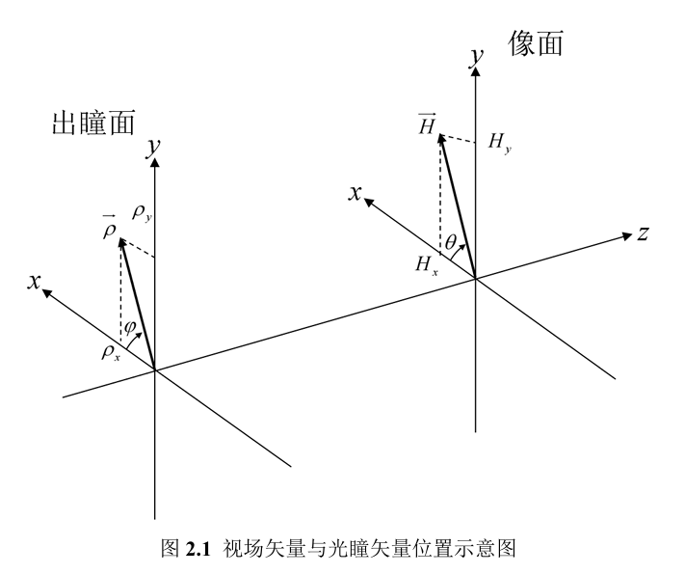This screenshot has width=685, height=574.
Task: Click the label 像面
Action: pos(535,43)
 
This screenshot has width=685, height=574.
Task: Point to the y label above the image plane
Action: pos(475,59)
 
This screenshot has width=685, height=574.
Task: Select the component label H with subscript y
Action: pos(500,144)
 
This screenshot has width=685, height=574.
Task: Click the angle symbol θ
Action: pos(451,242)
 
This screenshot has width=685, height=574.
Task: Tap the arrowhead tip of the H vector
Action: pos(440,137)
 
